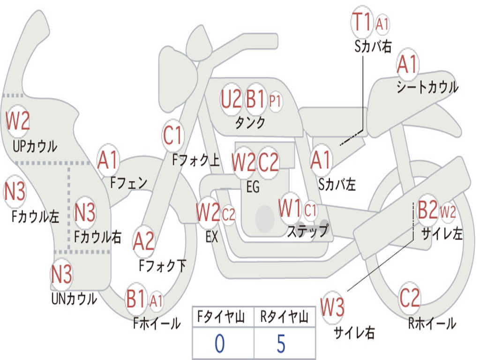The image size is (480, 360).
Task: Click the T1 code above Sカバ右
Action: coord(362,22)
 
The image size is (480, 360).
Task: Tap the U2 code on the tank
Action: coord(231,99)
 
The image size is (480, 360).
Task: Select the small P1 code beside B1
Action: coord(275,101)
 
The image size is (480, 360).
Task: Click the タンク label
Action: coord(250,122)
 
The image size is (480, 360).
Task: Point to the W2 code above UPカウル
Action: coord(18,120)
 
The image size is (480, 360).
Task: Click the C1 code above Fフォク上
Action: coord(172,135)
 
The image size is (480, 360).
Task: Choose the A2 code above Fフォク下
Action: coord(144,241)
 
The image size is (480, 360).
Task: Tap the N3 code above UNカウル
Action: coord(61,274)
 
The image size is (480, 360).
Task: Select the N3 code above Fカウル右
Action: coord(85,212)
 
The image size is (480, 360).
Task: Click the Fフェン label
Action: coord(129,183)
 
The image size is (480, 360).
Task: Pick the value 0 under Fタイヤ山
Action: coord(220,344)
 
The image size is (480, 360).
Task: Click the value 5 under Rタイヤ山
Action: coord(281,344)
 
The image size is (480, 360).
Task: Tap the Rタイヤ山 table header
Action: coord(284,317)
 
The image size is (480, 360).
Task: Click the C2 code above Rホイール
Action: coord(410,298)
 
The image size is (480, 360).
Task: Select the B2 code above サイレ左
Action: coord(427,210)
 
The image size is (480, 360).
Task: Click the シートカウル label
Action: coord(427,87)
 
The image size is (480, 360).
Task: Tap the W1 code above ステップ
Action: coord(290,208)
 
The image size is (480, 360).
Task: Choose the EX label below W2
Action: coord(212,237)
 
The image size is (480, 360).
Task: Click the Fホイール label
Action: coord(157,323)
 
